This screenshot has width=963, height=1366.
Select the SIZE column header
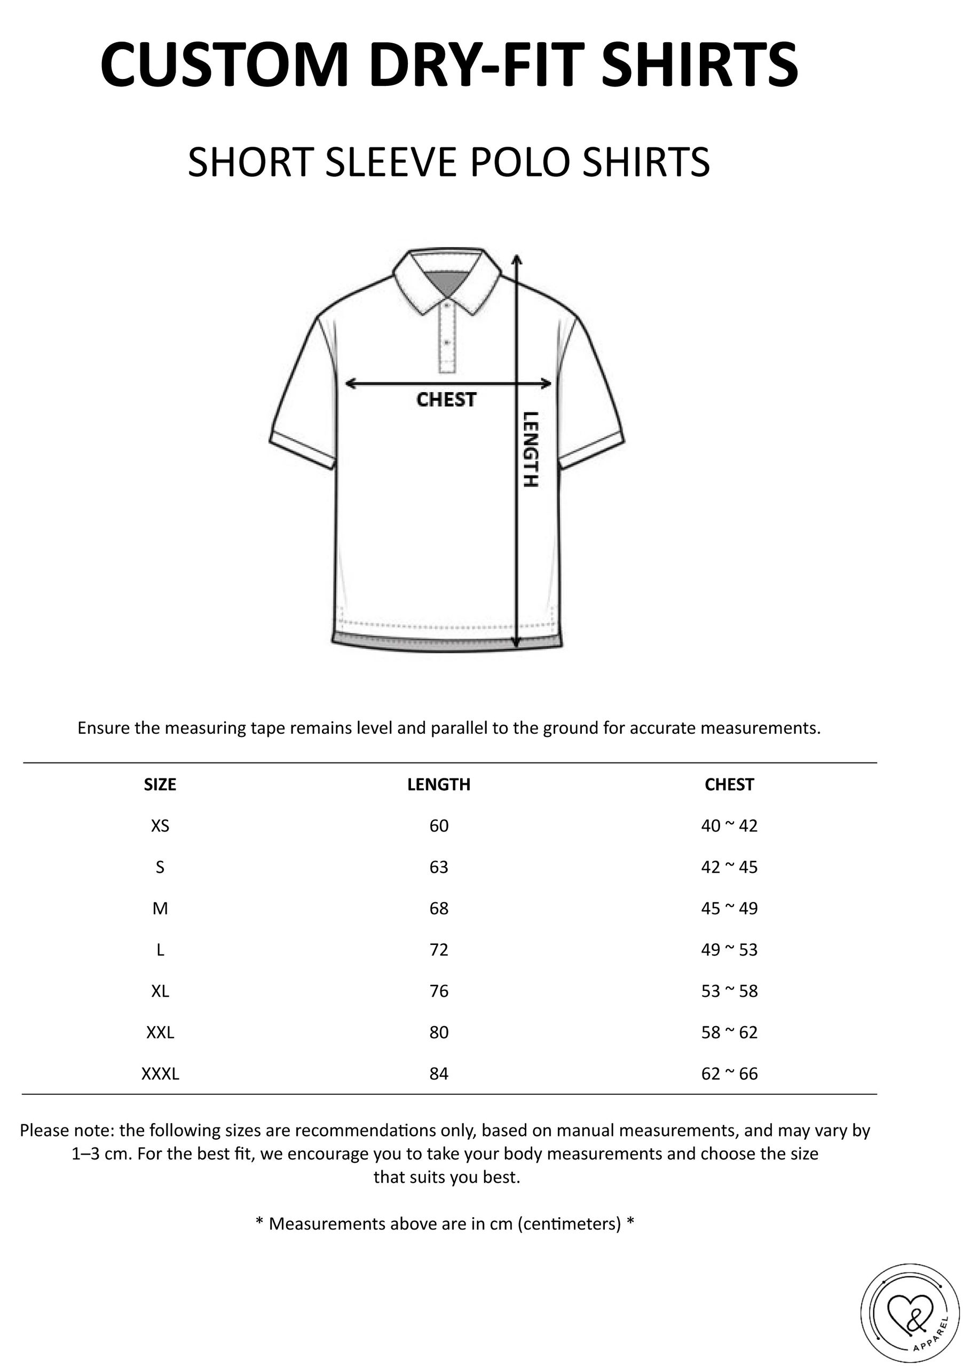160,785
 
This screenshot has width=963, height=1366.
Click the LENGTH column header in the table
439,785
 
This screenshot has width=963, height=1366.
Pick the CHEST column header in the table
729,785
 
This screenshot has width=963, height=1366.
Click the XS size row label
160,826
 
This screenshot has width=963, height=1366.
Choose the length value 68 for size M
439,909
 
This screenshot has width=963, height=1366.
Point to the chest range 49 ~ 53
729,950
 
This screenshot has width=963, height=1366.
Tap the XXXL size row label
160,1074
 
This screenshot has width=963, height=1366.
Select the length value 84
439,1074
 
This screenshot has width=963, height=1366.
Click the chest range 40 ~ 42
729,826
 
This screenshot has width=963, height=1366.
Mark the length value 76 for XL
439,991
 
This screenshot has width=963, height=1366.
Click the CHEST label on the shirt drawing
446,400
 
